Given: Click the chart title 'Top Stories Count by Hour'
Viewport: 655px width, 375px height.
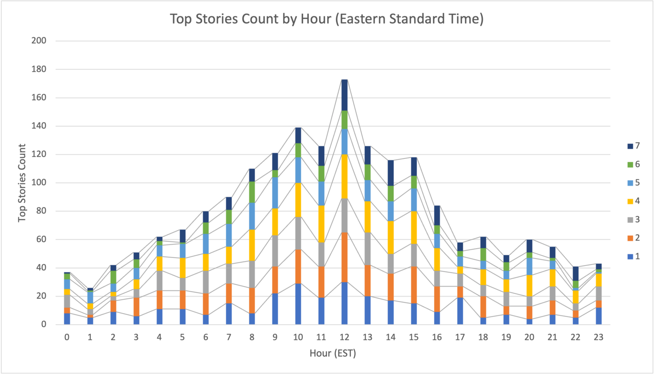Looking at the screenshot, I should tap(326, 19).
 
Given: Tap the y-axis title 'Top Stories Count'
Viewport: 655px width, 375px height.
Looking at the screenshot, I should tap(22, 183).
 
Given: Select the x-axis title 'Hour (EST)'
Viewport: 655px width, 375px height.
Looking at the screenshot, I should tap(333, 353).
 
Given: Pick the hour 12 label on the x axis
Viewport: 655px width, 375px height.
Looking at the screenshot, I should tap(344, 337).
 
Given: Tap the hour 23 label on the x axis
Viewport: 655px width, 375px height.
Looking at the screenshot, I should tap(598, 337).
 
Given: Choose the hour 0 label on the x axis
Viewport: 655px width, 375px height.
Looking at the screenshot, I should tap(67, 337).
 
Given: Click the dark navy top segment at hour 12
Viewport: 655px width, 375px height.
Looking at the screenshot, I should tap(344, 95).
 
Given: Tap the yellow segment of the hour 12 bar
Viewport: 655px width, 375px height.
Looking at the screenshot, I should tap(344, 176).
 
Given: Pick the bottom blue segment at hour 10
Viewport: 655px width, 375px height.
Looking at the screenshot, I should tap(298, 304).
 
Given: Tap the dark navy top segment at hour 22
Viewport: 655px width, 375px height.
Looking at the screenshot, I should tap(575, 274).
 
